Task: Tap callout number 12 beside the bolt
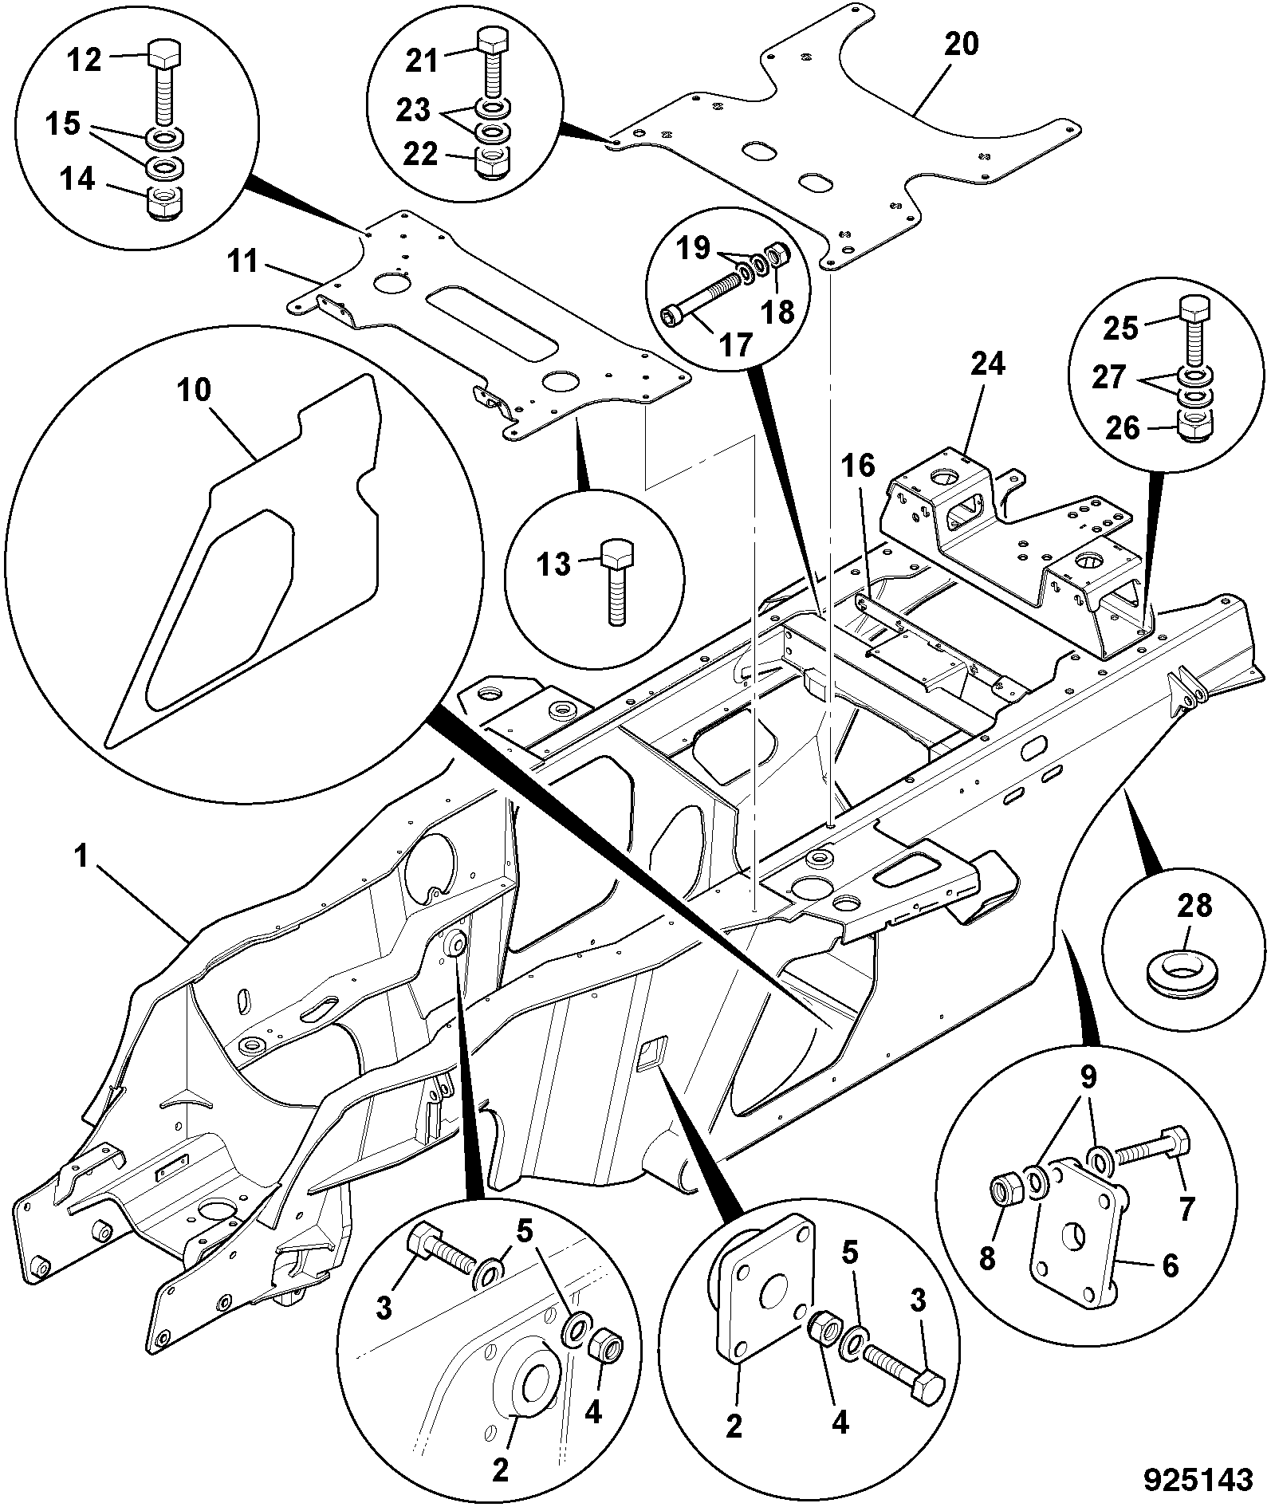84,60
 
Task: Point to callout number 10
195,391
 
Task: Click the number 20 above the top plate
961,44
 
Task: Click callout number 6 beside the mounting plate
1169,1265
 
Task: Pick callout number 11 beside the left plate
242,261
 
